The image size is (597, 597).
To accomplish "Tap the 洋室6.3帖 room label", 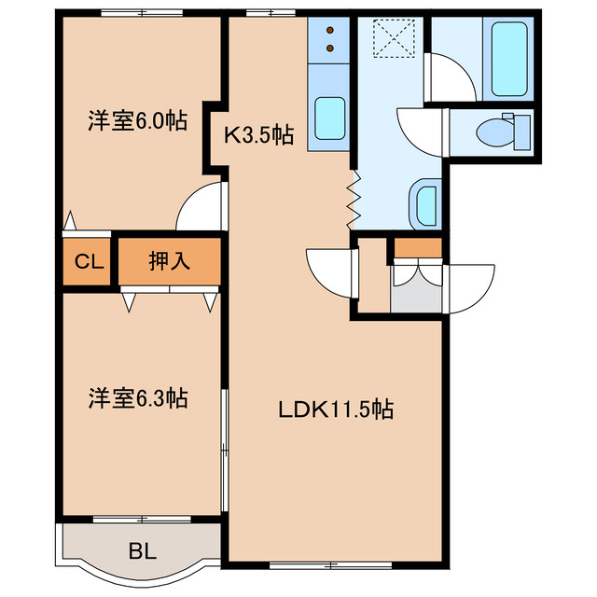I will click(138, 398).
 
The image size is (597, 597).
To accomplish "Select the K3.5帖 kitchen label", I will click(258, 136).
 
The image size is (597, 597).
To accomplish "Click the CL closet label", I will click(89, 262).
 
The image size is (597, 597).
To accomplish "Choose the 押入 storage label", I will click(169, 261).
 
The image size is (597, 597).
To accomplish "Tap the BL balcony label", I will click(143, 551).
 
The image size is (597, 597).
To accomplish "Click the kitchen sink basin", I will click(329, 117).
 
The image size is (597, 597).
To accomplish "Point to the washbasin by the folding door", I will click(423, 202).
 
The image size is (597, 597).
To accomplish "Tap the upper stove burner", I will click(330, 29).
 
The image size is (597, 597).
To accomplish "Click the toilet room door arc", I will click(421, 128).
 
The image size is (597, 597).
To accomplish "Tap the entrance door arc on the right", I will click(472, 284).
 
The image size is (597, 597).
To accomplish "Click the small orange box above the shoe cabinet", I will click(416, 247).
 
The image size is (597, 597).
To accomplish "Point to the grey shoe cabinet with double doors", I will click(416, 287).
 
